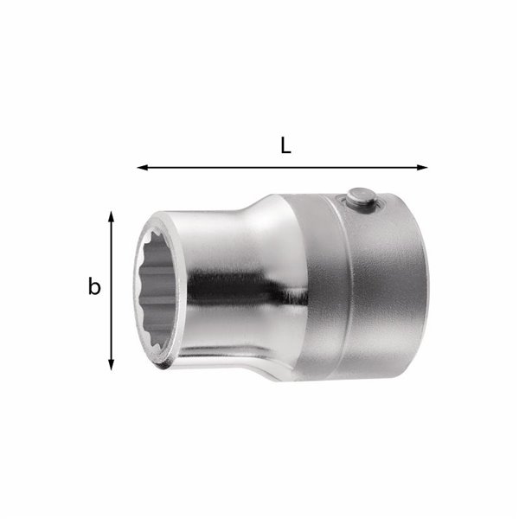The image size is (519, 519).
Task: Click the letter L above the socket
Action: click(x=285, y=145)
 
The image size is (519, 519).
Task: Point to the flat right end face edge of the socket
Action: click(x=425, y=294)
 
